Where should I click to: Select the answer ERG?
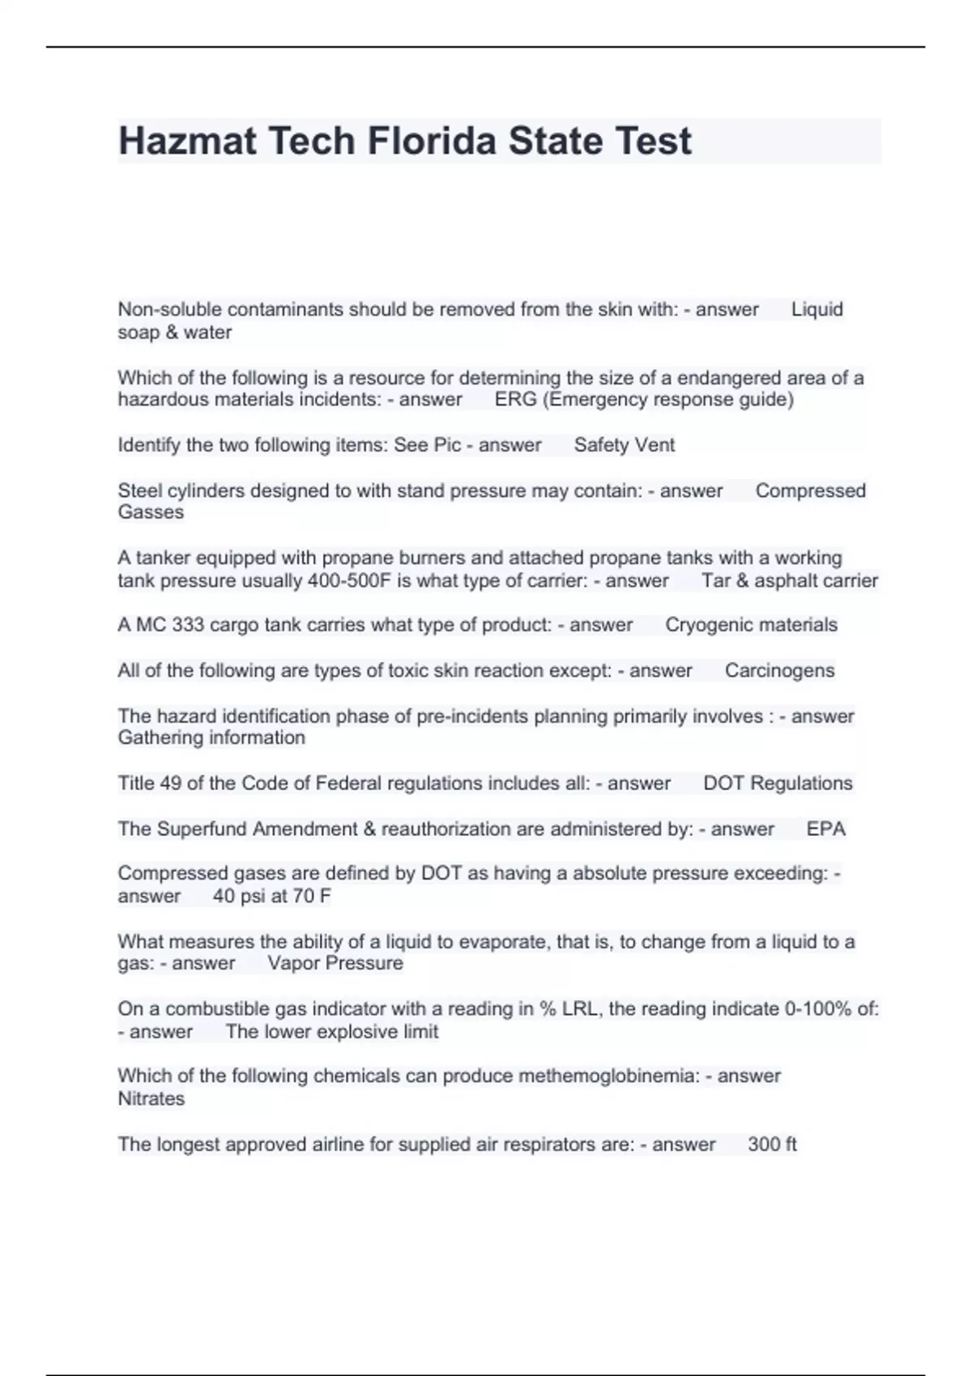515,400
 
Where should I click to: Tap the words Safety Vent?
624,445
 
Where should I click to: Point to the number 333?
188,625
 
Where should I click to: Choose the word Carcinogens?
779,670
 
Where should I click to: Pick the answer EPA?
825,829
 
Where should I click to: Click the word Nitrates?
151,1098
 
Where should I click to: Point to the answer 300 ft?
772,1145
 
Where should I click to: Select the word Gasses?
151,512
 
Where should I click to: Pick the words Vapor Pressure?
335,963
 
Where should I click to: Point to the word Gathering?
160,737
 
